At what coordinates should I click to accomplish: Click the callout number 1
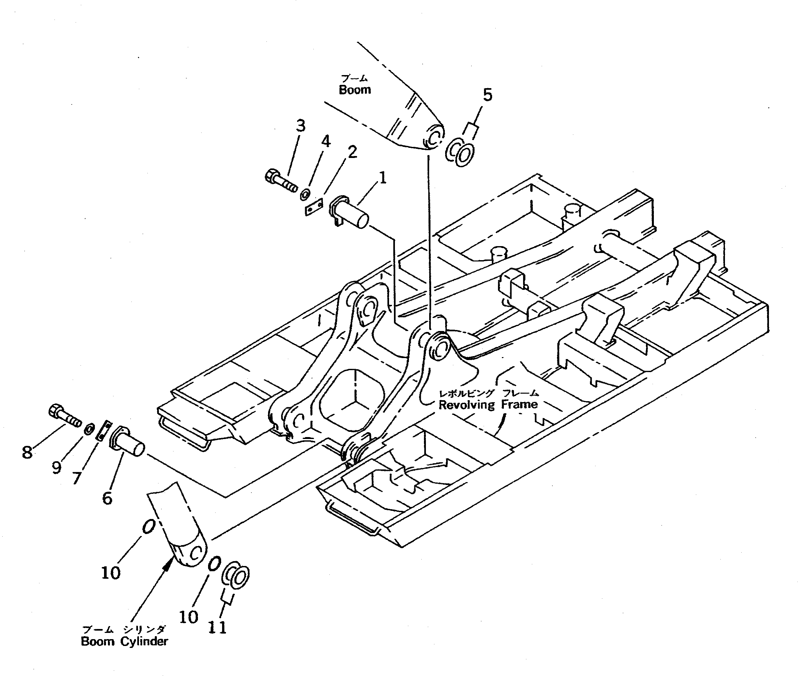[x=382, y=178]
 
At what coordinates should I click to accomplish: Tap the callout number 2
[x=352, y=152]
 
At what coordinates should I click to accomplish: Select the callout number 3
[x=301, y=126]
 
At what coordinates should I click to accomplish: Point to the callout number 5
[x=487, y=95]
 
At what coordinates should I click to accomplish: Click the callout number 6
[x=107, y=498]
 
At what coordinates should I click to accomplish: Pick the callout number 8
[x=27, y=453]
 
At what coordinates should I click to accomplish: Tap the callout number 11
[x=217, y=627]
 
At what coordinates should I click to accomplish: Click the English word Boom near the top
[x=355, y=90]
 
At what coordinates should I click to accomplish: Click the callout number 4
[x=325, y=141]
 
